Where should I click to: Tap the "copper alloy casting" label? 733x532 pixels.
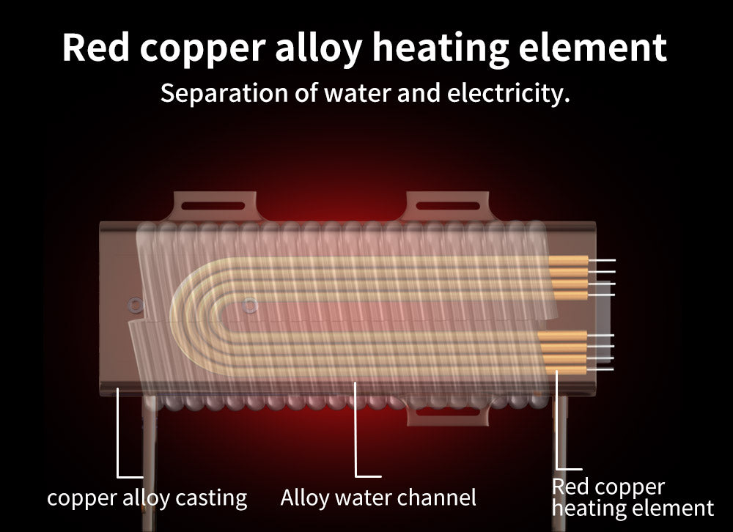(147, 498)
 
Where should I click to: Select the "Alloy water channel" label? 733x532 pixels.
(378, 498)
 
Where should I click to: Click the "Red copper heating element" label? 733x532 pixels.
(632, 497)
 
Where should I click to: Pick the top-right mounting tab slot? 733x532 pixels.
(447, 202)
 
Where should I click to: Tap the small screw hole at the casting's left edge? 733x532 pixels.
(135, 303)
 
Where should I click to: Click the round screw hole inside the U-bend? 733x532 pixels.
(251, 303)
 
